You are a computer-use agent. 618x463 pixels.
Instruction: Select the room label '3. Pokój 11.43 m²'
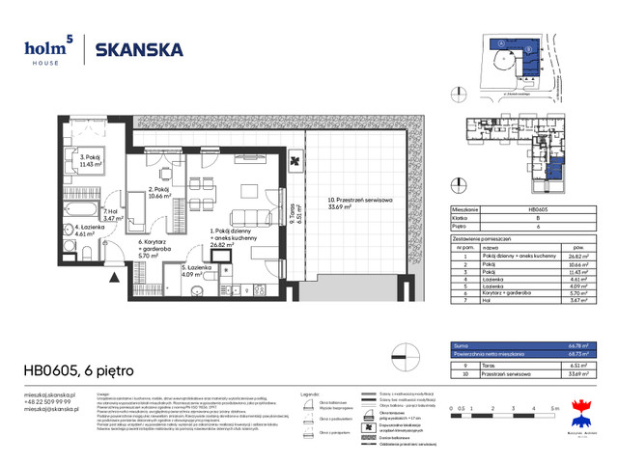click(x=91, y=161)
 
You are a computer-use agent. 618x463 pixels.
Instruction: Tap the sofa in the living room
click(x=256, y=217)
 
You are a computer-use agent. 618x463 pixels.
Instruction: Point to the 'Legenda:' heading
click(x=312, y=395)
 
